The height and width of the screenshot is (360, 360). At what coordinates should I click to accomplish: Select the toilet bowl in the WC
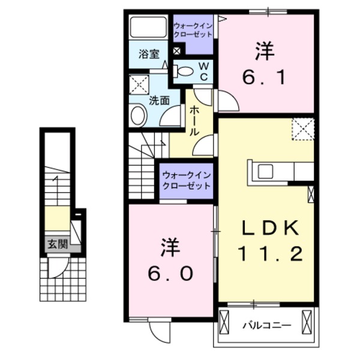point(185,72)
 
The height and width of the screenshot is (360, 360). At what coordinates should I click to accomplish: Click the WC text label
point(203,71)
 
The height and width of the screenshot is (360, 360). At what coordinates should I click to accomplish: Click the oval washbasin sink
point(138,115)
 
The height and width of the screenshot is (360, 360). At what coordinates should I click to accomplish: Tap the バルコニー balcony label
point(267,326)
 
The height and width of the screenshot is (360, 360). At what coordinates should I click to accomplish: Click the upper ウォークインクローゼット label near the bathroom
point(193,31)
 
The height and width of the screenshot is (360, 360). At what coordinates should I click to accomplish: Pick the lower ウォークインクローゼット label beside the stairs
point(187,181)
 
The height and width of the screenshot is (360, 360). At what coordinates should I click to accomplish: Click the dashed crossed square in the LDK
point(303,128)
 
